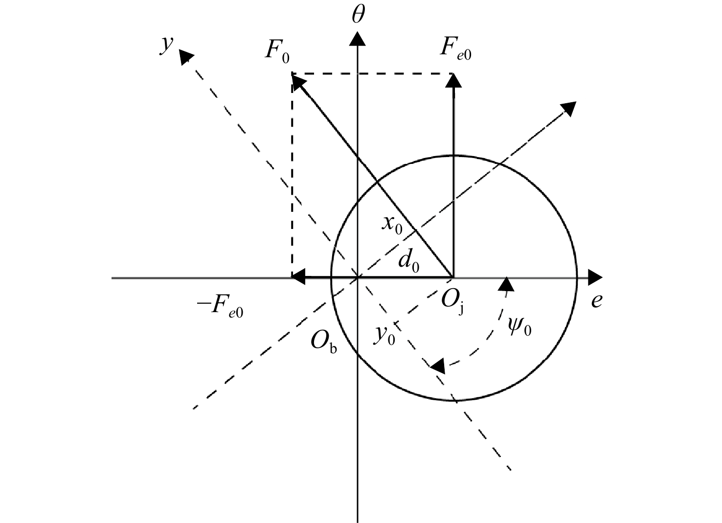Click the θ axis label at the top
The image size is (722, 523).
(x=358, y=15)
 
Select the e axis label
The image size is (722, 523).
(x=597, y=301)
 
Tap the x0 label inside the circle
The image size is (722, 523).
(x=392, y=225)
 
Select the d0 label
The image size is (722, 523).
(x=409, y=261)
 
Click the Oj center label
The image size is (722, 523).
(x=452, y=303)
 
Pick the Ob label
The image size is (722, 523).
(x=324, y=342)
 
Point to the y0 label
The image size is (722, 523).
(x=384, y=336)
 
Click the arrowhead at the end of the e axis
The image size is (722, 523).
(x=595, y=277)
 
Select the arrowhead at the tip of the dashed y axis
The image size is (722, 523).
(x=186, y=56)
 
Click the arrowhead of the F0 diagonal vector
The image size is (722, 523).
(x=299, y=81)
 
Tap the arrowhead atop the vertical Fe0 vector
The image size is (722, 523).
(x=453, y=80)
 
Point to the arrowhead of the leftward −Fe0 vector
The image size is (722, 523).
(x=298, y=277)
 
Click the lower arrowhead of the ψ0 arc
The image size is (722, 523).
(x=438, y=365)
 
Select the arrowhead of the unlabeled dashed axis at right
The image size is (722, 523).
(x=569, y=109)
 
